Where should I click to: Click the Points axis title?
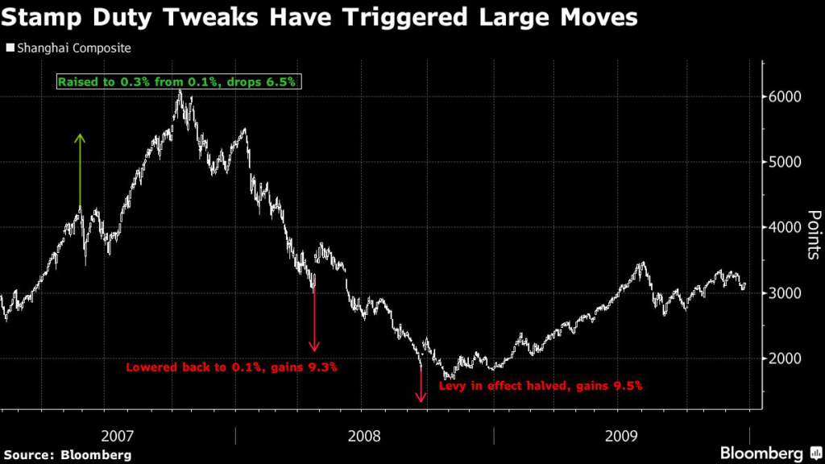[x=814, y=235]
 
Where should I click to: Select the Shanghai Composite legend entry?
[x=68, y=48]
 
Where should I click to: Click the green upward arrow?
[x=80, y=171]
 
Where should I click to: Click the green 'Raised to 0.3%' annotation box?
[x=177, y=81]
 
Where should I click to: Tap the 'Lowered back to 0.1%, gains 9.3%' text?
[x=230, y=367]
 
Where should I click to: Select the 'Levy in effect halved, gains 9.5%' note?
[x=540, y=386]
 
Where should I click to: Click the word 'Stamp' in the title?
[x=45, y=18]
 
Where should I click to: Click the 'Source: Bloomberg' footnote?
[x=66, y=455]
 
